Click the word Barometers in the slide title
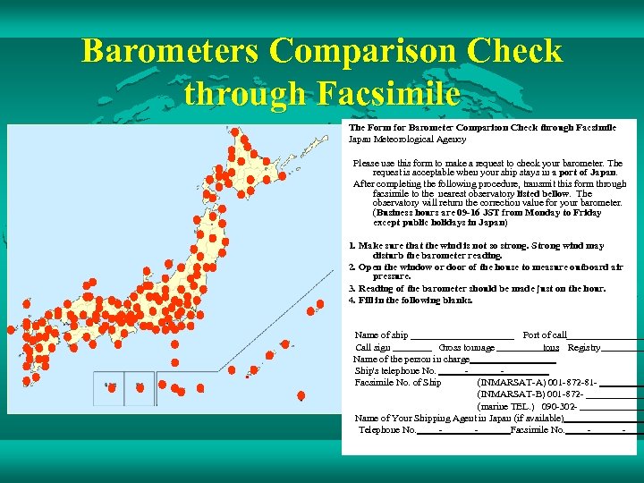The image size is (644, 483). pyautogui.click(x=170, y=52)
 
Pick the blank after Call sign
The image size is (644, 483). pyautogui.click(x=412, y=348)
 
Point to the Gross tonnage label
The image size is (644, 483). pyautogui.click(x=466, y=347)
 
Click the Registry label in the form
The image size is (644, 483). pyautogui.click(x=583, y=347)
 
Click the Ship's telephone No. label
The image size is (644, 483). pyautogui.click(x=395, y=371)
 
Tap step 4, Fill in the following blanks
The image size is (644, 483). pyautogui.click(x=411, y=301)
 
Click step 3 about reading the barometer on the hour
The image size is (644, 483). pyautogui.click(x=477, y=288)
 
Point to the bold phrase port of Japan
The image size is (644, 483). pyautogui.click(x=584, y=173)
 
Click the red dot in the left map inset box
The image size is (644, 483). pyautogui.click(x=114, y=387)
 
